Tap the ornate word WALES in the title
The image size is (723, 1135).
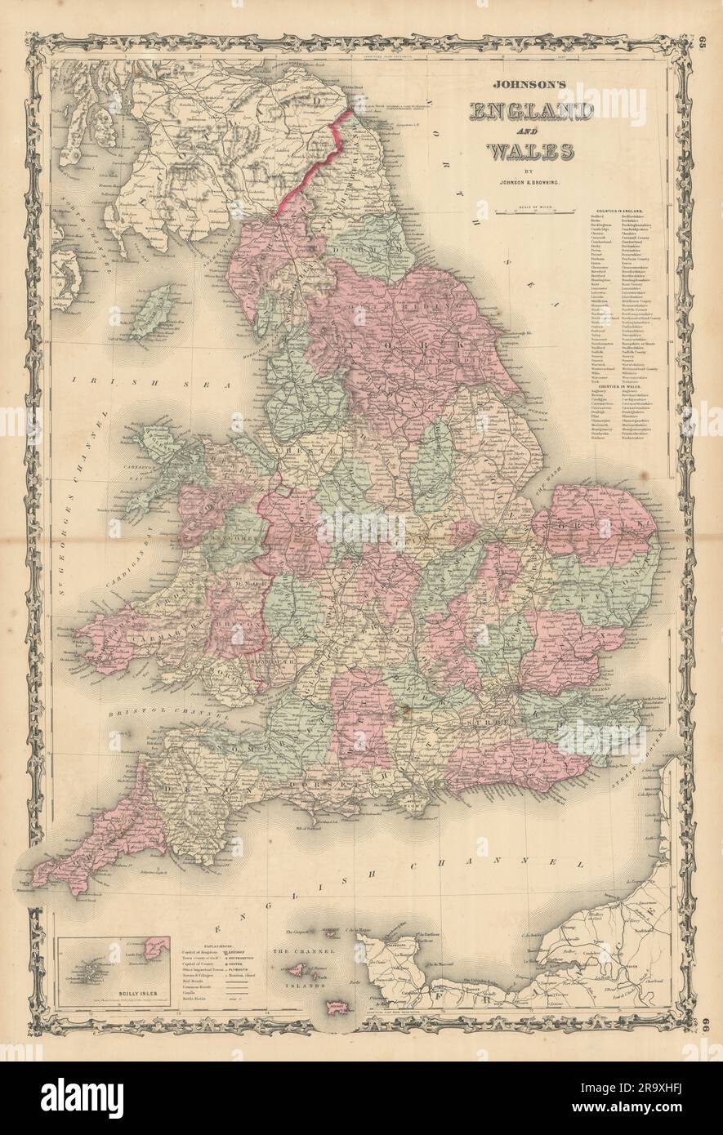pyautogui.click(x=532, y=152)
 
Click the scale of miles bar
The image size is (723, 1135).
pyautogui.click(x=532, y=211)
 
